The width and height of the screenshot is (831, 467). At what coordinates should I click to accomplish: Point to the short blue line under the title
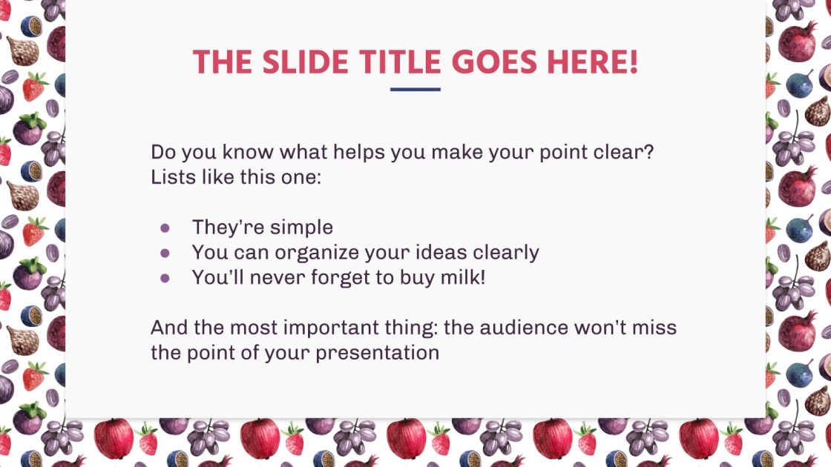tap(415, 90)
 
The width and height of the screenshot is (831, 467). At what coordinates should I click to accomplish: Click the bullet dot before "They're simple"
tap(165, 228)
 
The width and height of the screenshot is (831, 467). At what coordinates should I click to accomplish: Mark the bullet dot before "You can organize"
tap(165, 253)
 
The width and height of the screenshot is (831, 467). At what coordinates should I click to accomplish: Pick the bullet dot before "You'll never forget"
tap(165, 278)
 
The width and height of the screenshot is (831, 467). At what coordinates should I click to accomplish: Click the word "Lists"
tap(169, 178)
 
